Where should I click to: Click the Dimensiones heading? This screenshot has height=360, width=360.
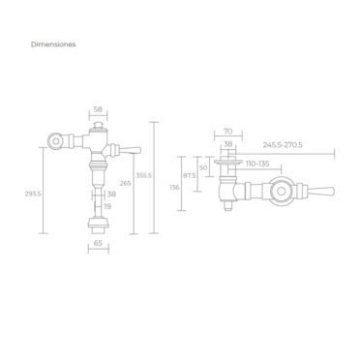(x=53, y=45)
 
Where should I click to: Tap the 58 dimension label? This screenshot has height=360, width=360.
(x=98, y=109)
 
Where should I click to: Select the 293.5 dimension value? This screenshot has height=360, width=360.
(x=33, y=194)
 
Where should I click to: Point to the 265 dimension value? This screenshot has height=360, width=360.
(x=125, y=183)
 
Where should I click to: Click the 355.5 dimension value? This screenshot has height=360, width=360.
(x=143, y=175)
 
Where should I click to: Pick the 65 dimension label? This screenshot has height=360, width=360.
(x=98, y=243)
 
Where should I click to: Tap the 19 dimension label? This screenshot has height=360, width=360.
(x=107, y=206)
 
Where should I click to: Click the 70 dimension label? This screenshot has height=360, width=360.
(x=227, y=132)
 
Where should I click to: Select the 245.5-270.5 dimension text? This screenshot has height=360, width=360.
(x=283, y=145)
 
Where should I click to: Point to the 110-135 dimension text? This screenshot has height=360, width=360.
(x=257, y=164)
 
